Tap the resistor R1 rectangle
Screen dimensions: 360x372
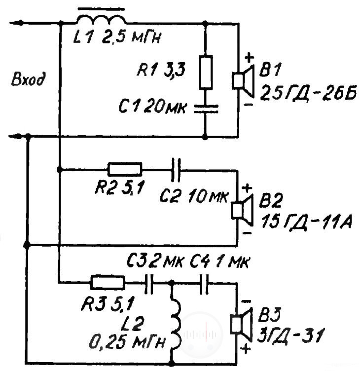(x=206, y=73)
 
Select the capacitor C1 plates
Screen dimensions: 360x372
(x=206, y=109)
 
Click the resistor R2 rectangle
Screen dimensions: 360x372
(x=125, y=169)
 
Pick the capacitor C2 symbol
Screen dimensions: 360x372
(x=176, y=170)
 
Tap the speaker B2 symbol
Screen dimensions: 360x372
(x=242, y=210)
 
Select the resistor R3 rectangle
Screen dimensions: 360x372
(x=108, y=282)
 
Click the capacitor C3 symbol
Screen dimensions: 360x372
(x=149, y=284)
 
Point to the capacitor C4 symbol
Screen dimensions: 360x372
(x=204, y=284)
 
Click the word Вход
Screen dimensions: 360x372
(x=28, y=78)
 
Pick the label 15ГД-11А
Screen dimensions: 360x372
(x=306, y=222)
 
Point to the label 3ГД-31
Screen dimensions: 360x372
(x=290, y=335)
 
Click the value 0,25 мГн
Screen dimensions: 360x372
(x=127, y=342)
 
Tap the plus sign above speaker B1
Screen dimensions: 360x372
(x=249, y=58)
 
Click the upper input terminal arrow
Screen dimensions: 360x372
(x=17, y=23)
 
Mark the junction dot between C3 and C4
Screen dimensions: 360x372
(x=171, y=283)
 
